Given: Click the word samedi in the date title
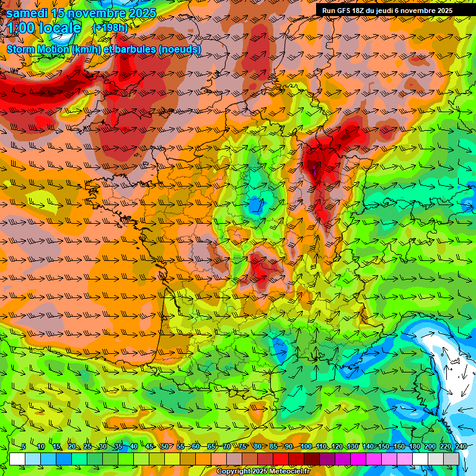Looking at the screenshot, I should [27, 13].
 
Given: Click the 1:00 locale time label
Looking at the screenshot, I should [44, 28].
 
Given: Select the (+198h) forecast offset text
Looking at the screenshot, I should [110, 28].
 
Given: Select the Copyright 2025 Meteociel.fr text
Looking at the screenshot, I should [263, 472].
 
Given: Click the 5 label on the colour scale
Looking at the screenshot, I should [24, 446].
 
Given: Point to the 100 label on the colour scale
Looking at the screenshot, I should [306, 446].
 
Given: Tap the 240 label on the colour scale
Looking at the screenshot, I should [461, 446].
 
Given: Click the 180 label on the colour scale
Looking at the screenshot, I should [414, 446].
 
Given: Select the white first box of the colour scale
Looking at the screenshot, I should [17, 459].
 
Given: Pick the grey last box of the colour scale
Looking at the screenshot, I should [451, 459].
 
